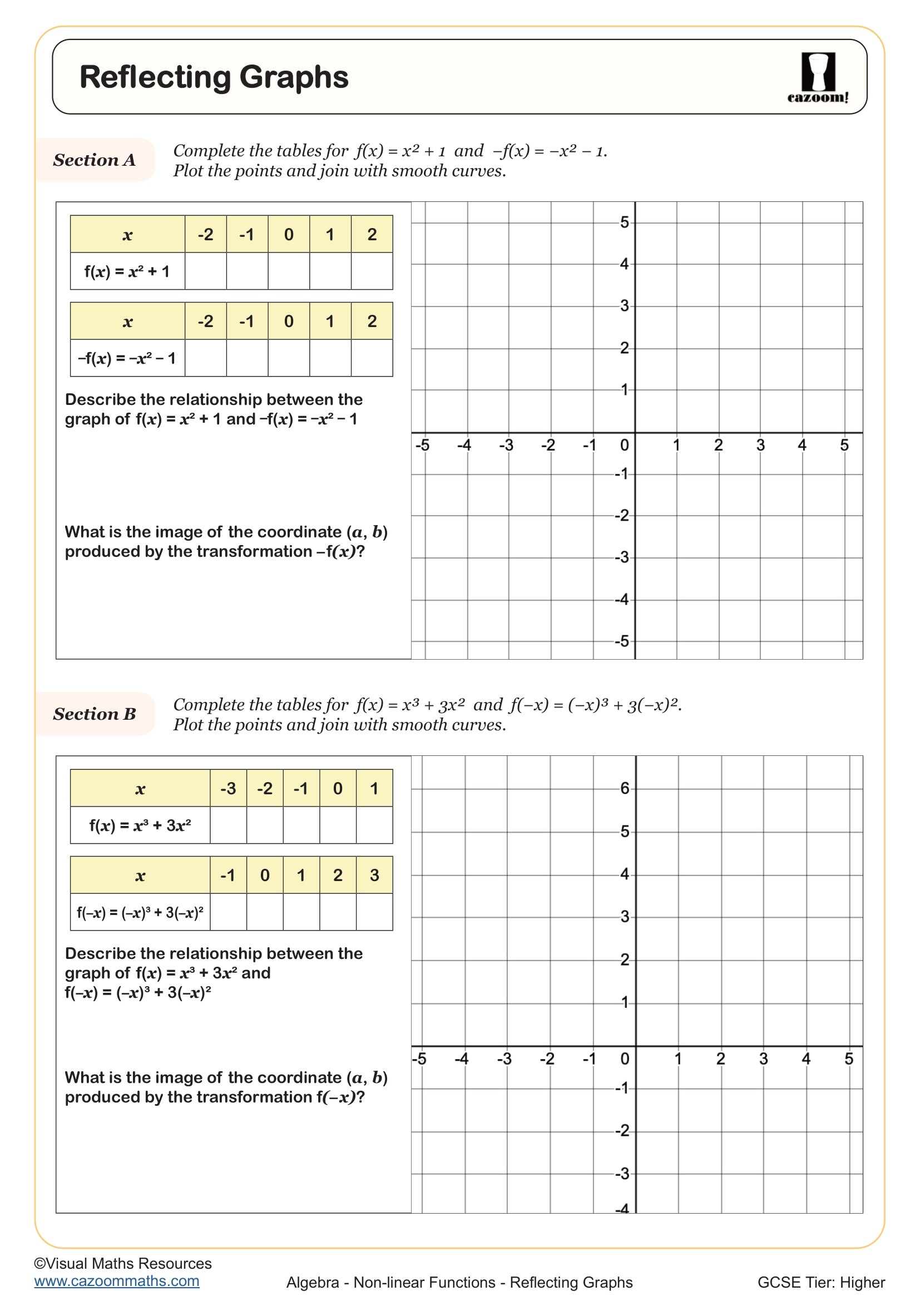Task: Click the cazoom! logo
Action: coord(818,78)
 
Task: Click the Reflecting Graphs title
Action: coord(214,77)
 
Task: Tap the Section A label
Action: coord(95,160)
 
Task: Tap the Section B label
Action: coord(95,714)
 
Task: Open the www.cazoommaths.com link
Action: coord(117,1280)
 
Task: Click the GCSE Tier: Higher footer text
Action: coord(821,1282)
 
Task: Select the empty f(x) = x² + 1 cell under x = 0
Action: coord(289,271)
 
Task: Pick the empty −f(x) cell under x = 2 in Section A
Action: coord(372,358)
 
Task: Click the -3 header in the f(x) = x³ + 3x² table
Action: coord(228,788)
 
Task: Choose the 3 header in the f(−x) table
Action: coord(374,875)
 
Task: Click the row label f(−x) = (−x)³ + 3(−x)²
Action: coord(140,912)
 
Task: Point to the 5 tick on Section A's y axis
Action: coord(624,222)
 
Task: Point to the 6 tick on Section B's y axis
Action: coord(625,788)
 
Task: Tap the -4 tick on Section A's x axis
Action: coord(464,446)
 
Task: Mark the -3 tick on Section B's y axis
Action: coord(622,1173)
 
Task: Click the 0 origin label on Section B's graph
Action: coord(625,1058)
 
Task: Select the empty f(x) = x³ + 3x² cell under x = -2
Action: coord(265,825)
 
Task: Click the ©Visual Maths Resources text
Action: coord(123,1263)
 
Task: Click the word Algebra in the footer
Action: coord(313,1282)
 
